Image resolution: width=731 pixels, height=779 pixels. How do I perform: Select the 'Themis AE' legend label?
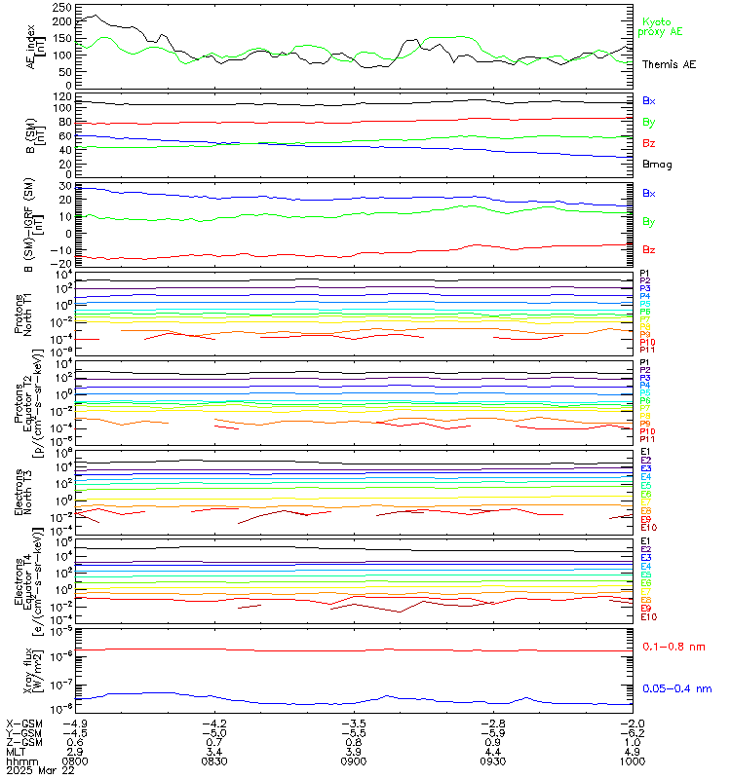(669, 63)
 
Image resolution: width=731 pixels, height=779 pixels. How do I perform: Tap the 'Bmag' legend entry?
(657, 164)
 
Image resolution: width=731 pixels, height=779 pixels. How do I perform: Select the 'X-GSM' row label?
(23, 723)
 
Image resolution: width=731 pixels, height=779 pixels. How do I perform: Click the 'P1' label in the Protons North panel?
(645, 274)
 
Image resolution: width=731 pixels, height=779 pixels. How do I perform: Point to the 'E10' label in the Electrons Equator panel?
(648, 617)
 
